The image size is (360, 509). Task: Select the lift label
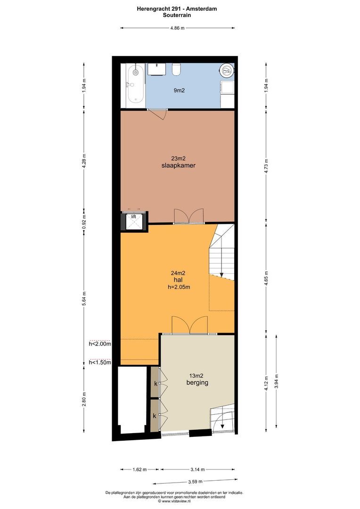pos(133,216)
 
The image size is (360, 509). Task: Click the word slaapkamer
pos(178,166)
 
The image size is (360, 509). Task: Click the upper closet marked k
pos(155,384)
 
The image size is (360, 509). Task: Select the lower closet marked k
pos(155,416)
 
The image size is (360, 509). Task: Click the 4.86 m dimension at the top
pos(178,28)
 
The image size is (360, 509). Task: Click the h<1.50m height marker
pos(100,362)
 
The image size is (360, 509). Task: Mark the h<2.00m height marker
pos(100,344)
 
